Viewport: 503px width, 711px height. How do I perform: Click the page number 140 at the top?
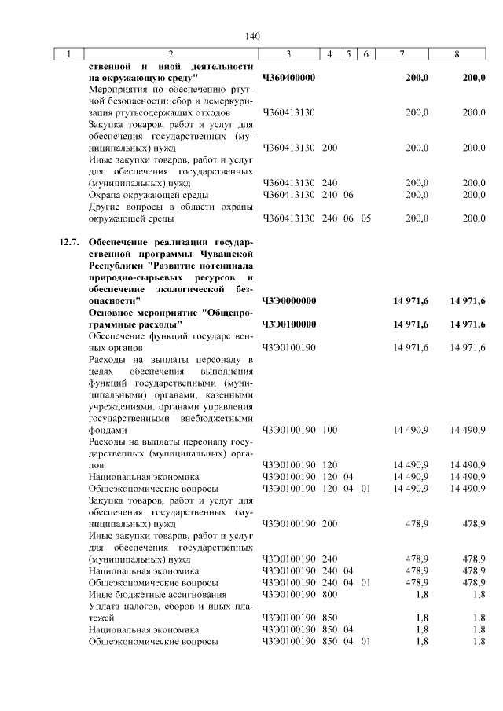(x=251, y=36)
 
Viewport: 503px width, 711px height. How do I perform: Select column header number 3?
(x=288, y=54)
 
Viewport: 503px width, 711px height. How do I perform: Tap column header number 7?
(x=402, y=54)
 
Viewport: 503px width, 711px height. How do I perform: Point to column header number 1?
(x=69, y=54)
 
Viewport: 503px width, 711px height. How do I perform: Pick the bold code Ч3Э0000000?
(x=288, y=300)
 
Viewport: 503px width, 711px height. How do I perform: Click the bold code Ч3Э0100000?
(x=288, y=324)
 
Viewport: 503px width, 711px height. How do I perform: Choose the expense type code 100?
(x=329, y=431)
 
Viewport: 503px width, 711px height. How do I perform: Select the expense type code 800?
(x=329, y=595)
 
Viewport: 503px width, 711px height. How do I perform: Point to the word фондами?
(x=107, y=431)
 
